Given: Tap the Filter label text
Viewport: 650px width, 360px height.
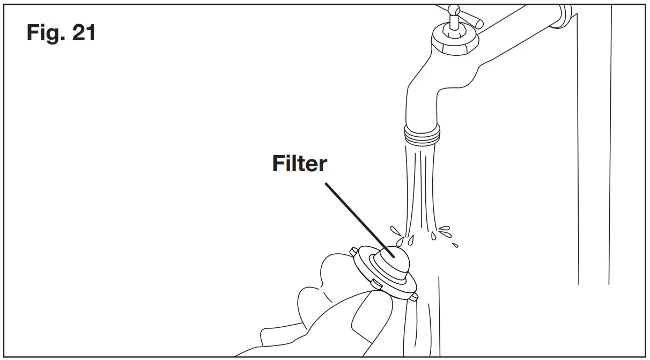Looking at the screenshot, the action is pos(299,164).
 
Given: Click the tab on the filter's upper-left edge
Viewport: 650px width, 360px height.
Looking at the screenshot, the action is pos(354,251).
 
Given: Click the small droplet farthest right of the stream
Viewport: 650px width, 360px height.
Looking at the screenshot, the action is pos(455,246).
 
